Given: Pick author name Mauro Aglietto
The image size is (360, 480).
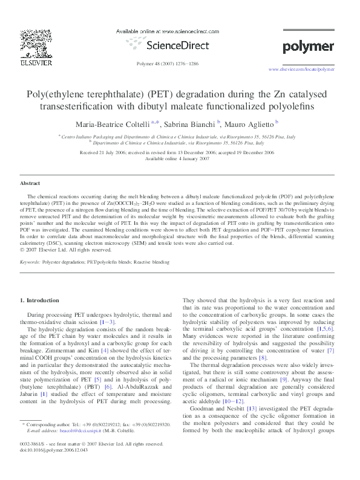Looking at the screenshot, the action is pos(250,124).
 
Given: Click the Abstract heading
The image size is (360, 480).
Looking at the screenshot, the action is pos(30,182).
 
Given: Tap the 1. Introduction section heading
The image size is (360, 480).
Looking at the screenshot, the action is pos(40,300).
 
